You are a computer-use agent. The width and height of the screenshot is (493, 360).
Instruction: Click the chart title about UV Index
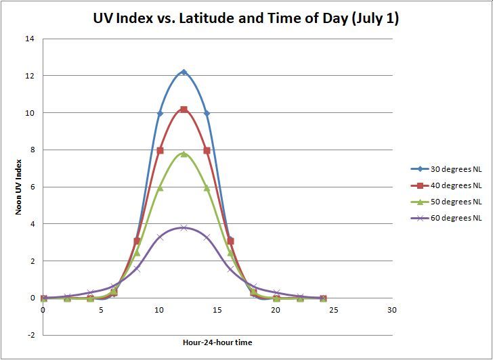[246, 19]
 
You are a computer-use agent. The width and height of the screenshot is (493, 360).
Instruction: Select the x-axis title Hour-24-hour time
[217, 342]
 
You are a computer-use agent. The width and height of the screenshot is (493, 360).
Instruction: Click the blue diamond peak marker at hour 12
[184, 72]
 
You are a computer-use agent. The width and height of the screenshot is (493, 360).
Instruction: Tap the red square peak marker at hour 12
[184, 109]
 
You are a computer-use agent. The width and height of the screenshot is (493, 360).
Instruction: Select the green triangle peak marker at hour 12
[184, 154]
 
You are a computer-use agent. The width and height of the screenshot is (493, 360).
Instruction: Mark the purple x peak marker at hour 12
[184, 227]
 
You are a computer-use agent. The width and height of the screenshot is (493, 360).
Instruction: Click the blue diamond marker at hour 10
[160, 113]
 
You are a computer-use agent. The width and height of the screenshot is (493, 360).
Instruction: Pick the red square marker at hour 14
[207, 150]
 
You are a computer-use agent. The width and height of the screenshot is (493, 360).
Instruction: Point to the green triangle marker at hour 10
[160, 187]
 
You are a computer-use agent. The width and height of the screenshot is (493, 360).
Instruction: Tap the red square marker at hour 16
[230, 240]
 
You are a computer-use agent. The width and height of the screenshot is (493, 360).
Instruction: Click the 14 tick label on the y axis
[30, 39]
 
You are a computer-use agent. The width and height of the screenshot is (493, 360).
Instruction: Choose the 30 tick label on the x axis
[392, 310]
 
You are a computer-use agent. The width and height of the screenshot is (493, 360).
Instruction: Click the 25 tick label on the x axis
[334, 310]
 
